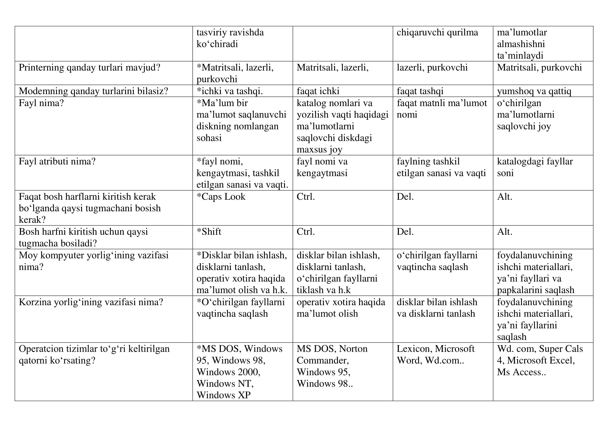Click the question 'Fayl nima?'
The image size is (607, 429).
click(x=41, y=103)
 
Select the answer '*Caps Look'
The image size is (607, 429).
click(x=221, y=197)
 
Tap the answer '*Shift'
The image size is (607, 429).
click(x=209, y=231)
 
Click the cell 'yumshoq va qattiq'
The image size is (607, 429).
click(x=534, y=91)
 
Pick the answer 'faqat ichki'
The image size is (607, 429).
click(x=318, y=91)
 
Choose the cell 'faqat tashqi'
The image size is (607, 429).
click(x=420, y=91)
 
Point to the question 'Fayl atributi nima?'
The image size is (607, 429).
click(x=57, y=161)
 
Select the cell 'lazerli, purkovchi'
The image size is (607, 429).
click(x=432, y=68)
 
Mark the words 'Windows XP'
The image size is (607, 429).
click(x=223, y=395)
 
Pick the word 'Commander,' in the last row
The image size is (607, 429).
click(x=323, y=360)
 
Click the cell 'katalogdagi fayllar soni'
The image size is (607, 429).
click(x=535, y=167)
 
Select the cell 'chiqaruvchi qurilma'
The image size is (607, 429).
click(x=437, y=32)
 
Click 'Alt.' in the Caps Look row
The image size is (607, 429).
click(x=504, y=197)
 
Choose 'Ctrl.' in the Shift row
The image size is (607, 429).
click(x=306, y=231)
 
